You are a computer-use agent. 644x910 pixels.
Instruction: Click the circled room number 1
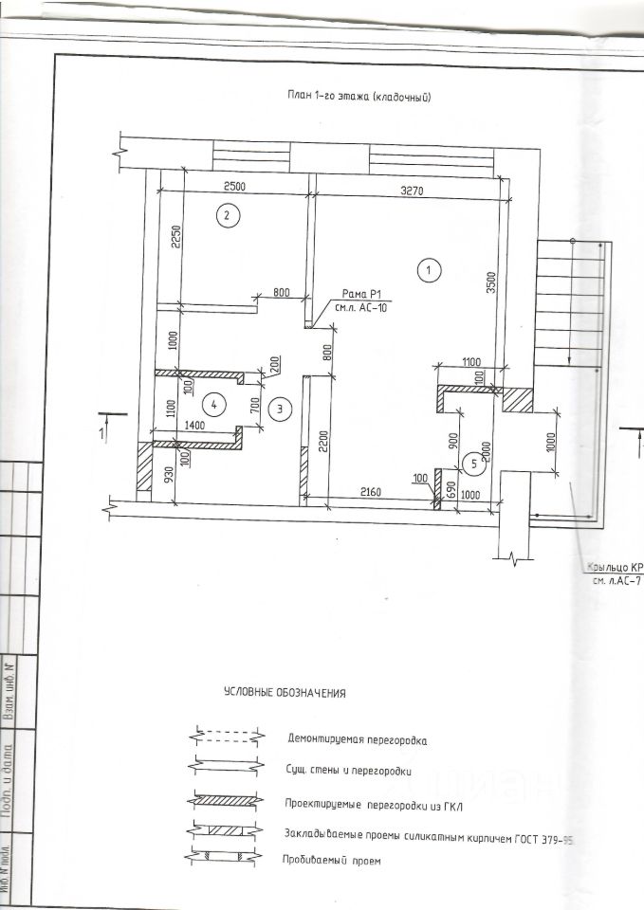click(x=429, y=269)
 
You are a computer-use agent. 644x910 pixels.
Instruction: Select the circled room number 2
click(x=226, y=216)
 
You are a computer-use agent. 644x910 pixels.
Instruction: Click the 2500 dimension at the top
click(x=234, y=187)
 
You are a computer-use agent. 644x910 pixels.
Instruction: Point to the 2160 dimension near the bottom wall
click(x=373, y=491)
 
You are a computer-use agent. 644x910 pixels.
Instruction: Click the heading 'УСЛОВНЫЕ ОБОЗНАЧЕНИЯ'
click(x=285, y=693)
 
